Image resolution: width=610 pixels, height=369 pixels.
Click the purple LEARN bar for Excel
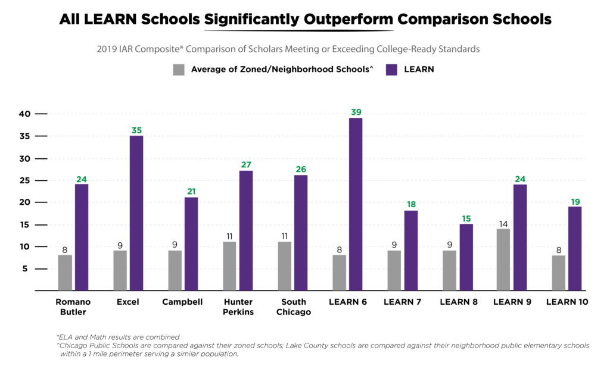point(136,213)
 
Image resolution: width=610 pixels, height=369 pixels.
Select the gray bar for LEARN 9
point(503,259)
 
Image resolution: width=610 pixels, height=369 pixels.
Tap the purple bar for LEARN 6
point(356,204)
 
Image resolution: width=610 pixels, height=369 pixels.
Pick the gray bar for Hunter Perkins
point(229,266)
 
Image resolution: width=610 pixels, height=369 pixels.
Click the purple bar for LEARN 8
point(465,257)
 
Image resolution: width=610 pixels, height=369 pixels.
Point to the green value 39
point(356,112)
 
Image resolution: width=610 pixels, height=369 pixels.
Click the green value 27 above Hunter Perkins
point(246,164)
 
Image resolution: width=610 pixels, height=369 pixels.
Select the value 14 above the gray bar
point(503,223)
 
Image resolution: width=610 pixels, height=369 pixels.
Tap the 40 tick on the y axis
point(24,114)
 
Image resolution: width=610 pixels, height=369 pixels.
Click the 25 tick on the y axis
point(24,180)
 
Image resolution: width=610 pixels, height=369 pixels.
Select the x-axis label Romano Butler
point(72,307)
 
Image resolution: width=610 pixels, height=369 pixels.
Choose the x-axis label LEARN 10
point(567,302)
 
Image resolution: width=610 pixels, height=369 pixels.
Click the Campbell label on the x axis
point(182,302)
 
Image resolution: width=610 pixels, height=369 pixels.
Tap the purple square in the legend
point(391,70)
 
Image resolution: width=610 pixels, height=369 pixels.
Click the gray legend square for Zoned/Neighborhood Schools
point(179,70)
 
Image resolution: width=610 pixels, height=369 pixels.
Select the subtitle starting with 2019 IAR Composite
point(288,49)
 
